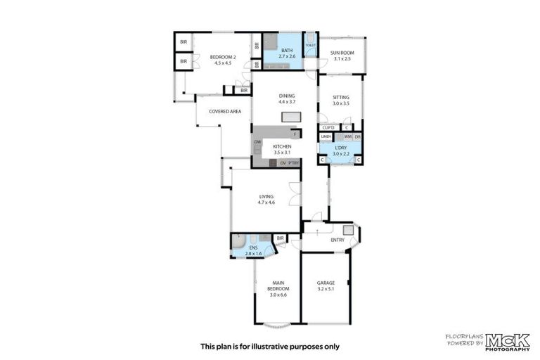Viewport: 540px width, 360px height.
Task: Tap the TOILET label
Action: pyautogui.click(x=310, y=45)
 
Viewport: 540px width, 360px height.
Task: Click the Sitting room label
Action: pyautogui.click(x=341, y=99)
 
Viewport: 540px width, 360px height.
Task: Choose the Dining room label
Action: pyautogui.click(x=286, y=96)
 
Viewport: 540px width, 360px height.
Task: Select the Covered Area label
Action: pyautogui.click(x=225, y=111)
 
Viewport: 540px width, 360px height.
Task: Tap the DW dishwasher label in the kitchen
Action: pyautogui.click(x=257, y=143)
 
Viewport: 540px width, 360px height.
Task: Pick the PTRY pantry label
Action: pyautogui.click(x=294, y=163)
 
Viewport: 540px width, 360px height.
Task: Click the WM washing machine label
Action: pyautogui.click(x=347, y=136)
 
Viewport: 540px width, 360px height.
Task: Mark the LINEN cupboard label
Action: pyautogui.click(x=326, y=136)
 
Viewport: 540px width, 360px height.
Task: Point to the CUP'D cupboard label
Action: pyautogui.click(x=327, y=127)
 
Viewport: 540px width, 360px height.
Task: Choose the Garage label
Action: pyautogui.click(x=326, y=283)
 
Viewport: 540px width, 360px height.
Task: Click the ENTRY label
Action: pyautogui.click(x=337, y=240)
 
